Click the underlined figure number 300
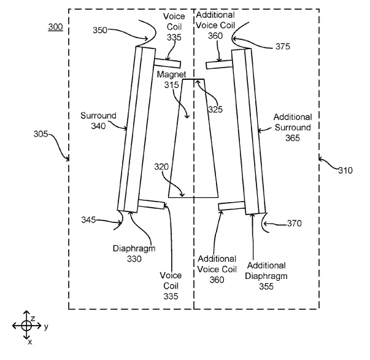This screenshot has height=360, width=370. point(55,27)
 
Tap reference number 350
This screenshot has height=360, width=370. point(100,30)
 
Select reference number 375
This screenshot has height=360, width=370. point(283,47)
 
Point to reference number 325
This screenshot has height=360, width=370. point(215,109)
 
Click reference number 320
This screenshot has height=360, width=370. point(161,166)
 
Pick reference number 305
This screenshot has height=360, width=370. point(40,134)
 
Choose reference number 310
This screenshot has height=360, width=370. point(345,170)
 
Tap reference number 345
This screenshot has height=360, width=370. point(88,220)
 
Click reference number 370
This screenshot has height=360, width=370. point(295,223)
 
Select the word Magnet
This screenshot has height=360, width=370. point(172,75)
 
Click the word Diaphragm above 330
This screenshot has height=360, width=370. point(134,249)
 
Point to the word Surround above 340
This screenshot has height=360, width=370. point(98,115)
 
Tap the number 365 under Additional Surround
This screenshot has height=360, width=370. point(293,138)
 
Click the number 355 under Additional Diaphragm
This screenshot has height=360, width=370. point(266,286)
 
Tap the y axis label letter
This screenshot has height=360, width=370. point(46,326)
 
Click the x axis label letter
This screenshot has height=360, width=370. point(30,342)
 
